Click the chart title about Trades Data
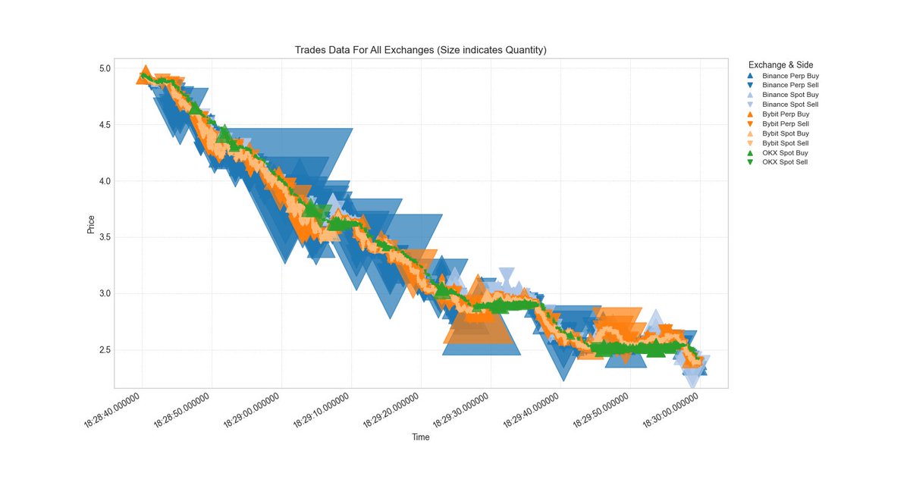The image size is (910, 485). coord(421,50)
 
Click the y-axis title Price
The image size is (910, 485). coord(91,224)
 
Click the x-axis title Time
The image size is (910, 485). coord(421,437)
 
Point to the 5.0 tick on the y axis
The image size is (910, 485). coord(103,68)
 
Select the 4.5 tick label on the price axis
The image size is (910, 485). coord(103,125)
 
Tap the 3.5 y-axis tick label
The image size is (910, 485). coord(103,237)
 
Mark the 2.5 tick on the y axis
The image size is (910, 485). coord(103,350)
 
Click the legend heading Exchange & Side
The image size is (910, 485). coord(780,65)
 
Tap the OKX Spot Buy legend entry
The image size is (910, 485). coord(785,152)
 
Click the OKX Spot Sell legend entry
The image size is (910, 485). coord(785,162)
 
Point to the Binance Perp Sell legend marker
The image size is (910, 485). coord(750,86)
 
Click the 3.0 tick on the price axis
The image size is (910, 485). coord(103,294)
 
